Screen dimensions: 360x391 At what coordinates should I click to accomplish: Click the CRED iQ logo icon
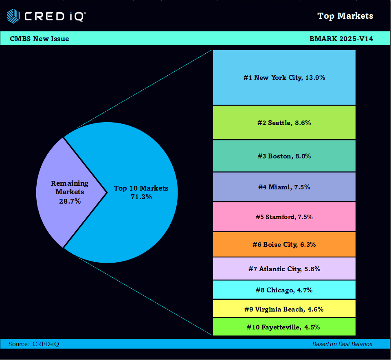(x=13, y=16)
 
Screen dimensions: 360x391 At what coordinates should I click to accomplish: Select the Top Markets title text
(x=345, y=16)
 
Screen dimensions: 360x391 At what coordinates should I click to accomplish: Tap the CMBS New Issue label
(x=40, y=39)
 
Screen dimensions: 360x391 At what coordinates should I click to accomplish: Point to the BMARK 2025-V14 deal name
(x=341, y=39)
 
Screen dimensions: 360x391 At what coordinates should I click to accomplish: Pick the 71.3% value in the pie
(x=141, y=197)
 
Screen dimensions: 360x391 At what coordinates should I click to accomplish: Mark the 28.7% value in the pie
(x=70, y=201)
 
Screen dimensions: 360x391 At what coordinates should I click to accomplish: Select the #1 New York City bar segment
(x=284, y=77)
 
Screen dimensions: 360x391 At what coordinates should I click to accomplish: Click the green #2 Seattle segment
(x=284, y=123)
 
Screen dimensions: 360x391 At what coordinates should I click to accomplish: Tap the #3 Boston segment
(x=284, y=156)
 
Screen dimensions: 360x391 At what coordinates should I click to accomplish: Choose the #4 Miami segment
(x=284, y=187)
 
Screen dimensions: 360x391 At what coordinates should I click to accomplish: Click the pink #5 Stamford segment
(x=284, y=217)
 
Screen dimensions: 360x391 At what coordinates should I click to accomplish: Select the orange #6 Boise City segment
(x=284, y=244)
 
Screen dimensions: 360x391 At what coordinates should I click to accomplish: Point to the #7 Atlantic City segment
(x=284, y=269)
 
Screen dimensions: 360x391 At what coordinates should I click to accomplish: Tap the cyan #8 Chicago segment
(x=284, y=290)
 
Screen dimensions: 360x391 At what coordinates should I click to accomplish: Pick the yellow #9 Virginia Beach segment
(x=284, y=309)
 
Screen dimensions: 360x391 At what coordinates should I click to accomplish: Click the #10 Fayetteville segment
(x=284, y=327)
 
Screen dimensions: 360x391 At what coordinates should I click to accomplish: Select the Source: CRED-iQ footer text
(x=34, y=344)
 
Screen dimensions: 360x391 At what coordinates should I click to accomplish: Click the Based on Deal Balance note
(x=342, y=344)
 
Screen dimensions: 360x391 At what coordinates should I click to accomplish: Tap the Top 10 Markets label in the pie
(x=141, y=188)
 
